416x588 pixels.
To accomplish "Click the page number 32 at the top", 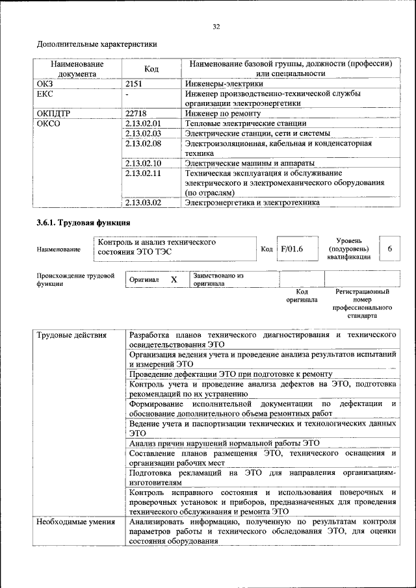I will coord(216,27).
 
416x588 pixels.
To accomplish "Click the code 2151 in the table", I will coord(134,84).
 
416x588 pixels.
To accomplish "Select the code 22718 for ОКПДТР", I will coord(136,113).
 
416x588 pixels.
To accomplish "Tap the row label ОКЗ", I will coord(45,84).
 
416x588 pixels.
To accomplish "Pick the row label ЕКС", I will coord(45,94).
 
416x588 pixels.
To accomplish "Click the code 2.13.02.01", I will coord(143,123).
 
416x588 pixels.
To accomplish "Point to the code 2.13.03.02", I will coord(143,203).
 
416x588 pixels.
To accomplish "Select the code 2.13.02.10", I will coord(143,163).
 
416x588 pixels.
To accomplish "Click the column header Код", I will coord(151,69).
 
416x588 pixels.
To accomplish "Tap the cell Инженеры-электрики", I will coord(224,84).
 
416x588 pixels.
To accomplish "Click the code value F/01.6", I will coord(291,249).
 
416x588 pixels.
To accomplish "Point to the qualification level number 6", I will coord(389,249).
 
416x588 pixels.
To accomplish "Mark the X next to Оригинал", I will coord(174,279).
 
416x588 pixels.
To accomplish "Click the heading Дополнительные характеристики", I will coord(96,44).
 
